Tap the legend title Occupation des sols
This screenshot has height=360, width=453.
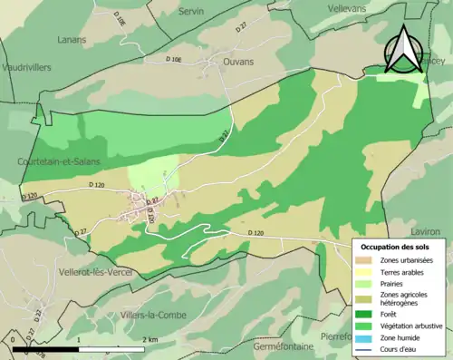point(395,247)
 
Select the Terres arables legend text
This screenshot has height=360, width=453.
point(406,271)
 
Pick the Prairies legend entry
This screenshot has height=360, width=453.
point(396,284)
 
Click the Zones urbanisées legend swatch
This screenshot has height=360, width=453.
point(367,259)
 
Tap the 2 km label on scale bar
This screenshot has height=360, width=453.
point(150,339)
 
